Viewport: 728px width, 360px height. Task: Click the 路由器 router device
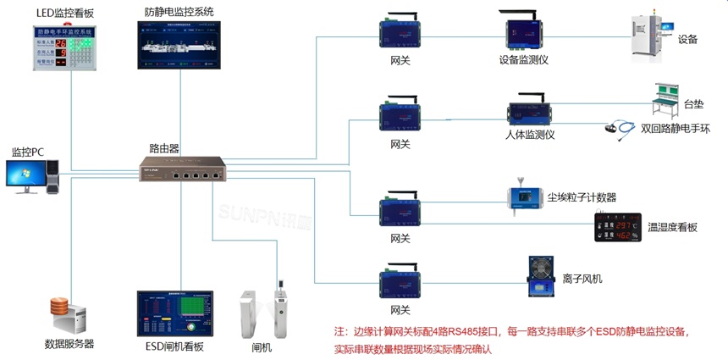183,169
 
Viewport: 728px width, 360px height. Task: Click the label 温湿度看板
672,228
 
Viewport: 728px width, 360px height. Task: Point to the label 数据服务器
69,344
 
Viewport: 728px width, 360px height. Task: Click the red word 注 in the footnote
339,331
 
